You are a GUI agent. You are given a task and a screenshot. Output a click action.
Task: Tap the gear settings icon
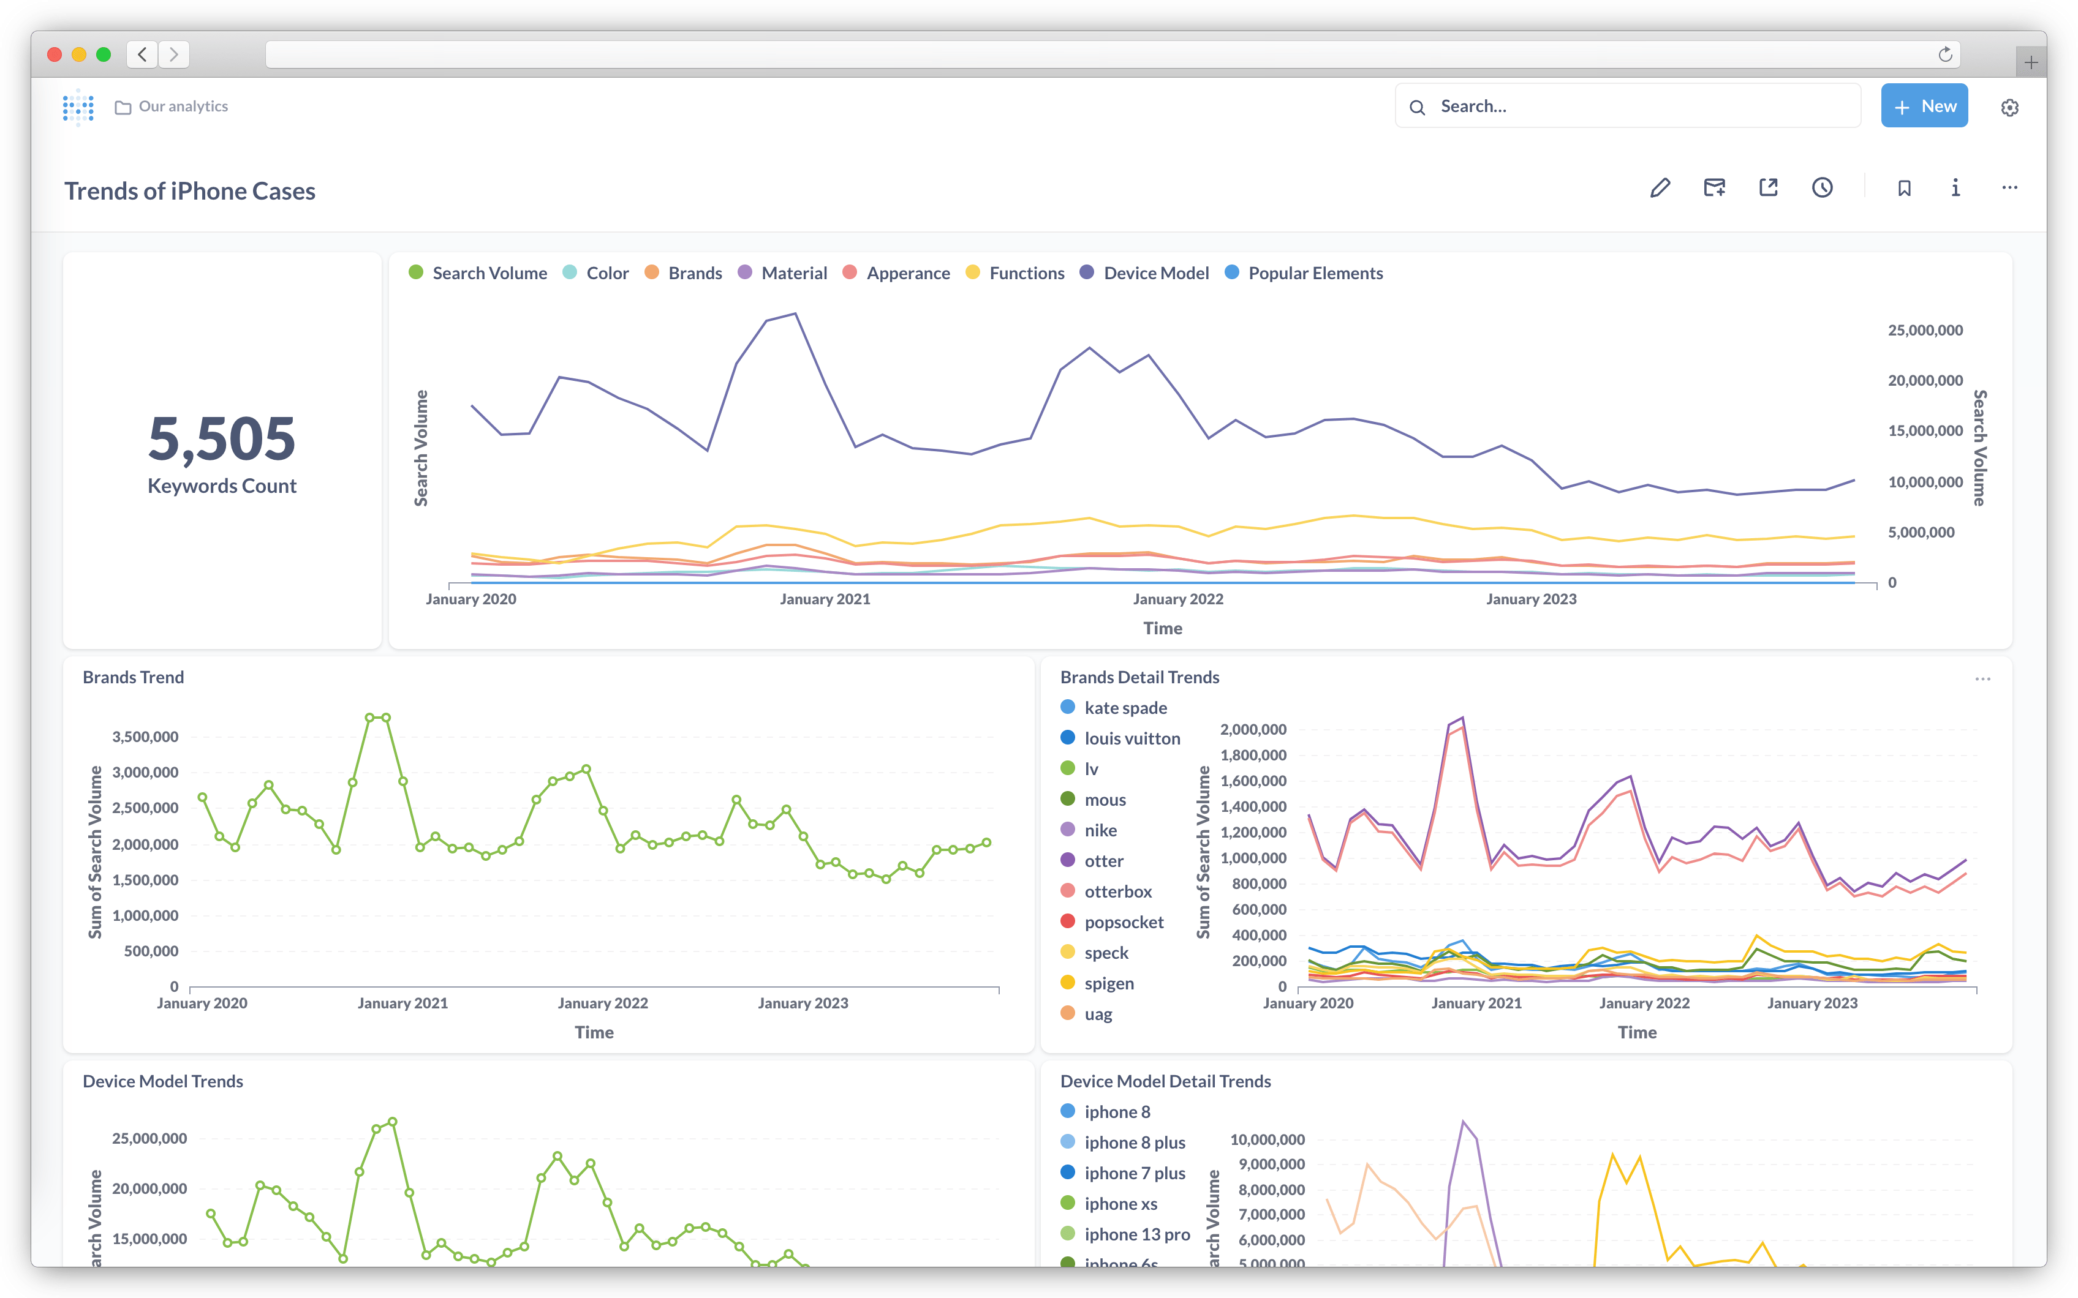point(2009,107)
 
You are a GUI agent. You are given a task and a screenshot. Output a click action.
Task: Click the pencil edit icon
point(1660,188)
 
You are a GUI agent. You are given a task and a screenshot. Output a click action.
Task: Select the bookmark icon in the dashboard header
point(1903,188)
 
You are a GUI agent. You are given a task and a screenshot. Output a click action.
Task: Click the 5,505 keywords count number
point(222,438)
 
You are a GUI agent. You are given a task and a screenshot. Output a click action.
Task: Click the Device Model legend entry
point(1155,273)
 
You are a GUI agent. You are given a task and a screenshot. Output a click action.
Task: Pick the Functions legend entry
point(1026,273)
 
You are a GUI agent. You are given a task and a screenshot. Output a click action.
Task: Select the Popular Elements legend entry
point(1315,273)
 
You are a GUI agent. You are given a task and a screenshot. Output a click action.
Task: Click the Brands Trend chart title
point(133,677)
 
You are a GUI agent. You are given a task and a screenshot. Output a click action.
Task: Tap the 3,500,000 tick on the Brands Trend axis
point(145,737)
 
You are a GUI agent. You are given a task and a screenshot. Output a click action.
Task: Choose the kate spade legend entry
point(1124,707)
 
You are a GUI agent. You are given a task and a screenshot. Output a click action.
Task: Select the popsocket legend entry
point(1123,922)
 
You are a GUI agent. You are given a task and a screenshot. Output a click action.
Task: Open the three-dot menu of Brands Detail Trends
point(1982,679)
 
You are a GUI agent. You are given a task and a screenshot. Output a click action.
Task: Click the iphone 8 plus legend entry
point(1133,1142)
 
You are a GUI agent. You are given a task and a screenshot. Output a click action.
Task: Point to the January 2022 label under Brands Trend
point(602,1003)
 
